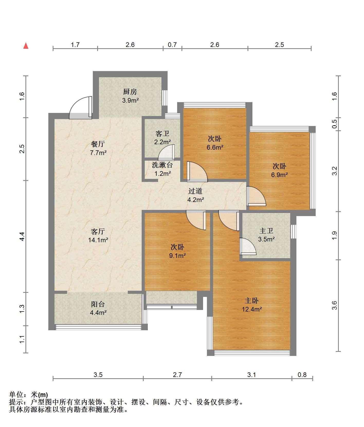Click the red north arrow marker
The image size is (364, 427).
26,46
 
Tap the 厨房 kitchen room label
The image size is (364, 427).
130,92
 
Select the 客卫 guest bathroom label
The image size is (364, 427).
162,134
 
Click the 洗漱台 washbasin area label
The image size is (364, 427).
162,165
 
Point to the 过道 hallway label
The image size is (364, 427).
195,191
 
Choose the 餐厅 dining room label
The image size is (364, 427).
98,144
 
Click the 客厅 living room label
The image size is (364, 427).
98,231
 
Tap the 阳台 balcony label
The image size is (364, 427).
98,304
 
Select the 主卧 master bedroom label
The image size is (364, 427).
252,300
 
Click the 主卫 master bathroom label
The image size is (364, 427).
266,231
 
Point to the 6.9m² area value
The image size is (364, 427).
279,175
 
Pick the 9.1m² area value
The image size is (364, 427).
177,256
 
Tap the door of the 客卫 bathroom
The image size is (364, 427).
166,152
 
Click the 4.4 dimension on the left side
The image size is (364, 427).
22,236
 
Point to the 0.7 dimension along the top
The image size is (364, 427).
172,45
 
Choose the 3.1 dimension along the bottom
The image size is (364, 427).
252,375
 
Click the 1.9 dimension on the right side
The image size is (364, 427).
334,236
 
